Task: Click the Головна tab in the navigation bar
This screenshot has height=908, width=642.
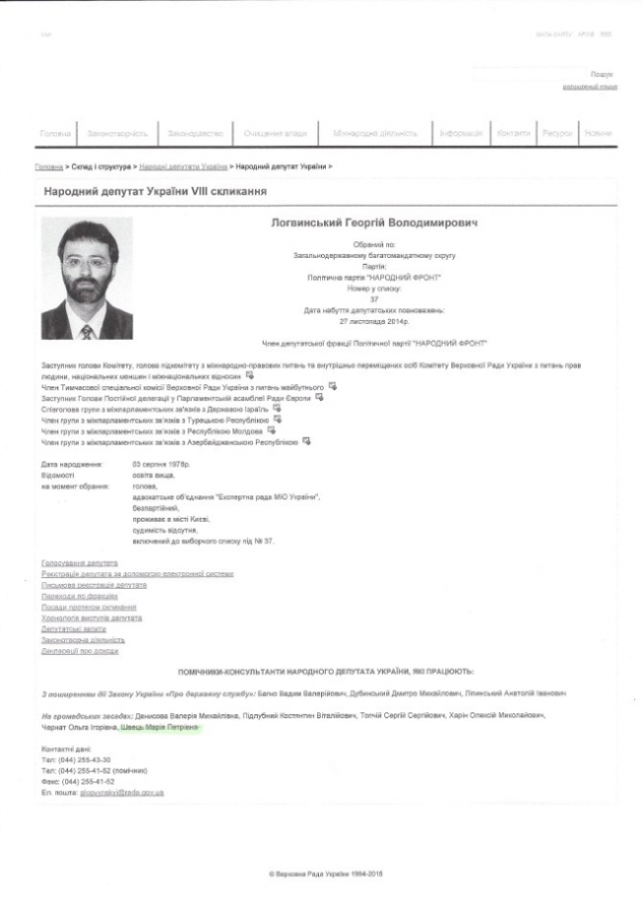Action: (x=55, y=133)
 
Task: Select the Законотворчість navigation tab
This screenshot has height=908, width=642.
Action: (x=118, y=133)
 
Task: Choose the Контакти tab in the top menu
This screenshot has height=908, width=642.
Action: (x=514, y=133)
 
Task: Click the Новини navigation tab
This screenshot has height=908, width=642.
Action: (x=598, y=133)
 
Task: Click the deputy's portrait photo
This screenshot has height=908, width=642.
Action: (x=88, y=278)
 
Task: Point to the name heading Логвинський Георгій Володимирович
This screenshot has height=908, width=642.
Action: (x=373, y=224)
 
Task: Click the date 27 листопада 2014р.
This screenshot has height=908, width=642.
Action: (x=373, y=321)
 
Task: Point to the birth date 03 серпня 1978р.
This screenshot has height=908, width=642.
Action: (x=160, y=463)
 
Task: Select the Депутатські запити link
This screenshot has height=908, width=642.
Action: (x=74, y=628)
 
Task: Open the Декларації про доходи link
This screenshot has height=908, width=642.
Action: (x=80, y=651)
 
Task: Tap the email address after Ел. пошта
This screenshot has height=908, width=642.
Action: (x=122, y=792)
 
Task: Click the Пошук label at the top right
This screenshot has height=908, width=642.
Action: (x=602, y=74)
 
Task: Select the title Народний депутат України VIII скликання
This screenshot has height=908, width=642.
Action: (x=155, y=191)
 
